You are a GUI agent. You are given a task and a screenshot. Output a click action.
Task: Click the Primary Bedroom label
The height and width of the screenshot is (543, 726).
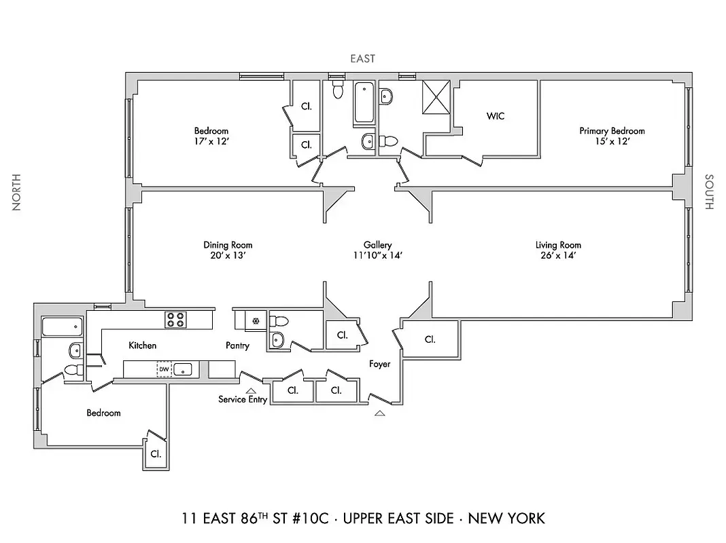612,130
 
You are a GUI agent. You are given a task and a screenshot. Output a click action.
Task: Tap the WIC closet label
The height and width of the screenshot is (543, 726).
496,116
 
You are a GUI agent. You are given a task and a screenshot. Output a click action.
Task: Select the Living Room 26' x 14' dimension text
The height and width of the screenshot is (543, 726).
558,256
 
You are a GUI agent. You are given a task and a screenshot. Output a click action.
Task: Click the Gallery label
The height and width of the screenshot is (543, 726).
377,245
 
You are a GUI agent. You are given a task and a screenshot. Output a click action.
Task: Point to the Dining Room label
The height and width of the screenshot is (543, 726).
228,245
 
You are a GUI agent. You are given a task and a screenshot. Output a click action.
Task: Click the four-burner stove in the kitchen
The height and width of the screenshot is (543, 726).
175,319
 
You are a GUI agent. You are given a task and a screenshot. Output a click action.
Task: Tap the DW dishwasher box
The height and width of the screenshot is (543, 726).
163,369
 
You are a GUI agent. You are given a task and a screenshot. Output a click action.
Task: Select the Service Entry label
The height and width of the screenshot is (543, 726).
243,399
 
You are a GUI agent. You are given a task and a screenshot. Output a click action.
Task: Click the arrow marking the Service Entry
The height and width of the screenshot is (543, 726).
251,390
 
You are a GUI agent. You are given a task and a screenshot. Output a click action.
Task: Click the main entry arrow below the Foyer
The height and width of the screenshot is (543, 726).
379,412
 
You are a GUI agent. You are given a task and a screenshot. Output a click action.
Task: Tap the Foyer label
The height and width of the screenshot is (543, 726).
380,364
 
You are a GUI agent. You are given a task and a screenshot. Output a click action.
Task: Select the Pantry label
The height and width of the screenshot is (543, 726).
237,345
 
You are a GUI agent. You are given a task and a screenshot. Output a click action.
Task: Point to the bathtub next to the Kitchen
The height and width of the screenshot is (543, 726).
63,326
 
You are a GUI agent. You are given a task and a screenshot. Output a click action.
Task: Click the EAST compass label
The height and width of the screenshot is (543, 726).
362,59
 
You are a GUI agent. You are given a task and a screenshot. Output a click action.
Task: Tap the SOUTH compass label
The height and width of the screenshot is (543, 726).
709,192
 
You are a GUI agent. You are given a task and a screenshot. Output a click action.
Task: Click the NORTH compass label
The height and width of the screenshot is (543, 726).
16,192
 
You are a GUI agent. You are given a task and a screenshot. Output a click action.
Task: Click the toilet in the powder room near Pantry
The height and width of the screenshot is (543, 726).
279,320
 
